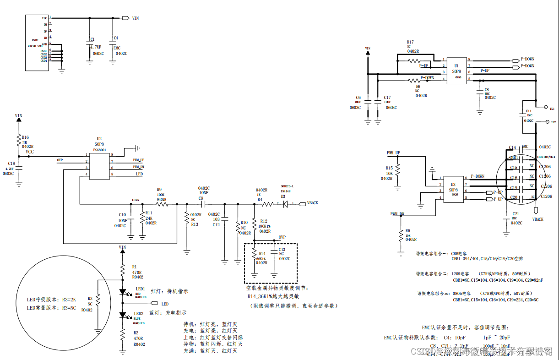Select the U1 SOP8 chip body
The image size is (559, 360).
(x=456, y=70)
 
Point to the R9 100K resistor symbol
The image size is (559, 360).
(x=162, y=204)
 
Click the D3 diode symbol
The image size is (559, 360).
(x=285, y=204)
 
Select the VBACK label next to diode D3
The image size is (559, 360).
(x=312, y=203)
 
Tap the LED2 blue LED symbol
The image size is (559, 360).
(x=123, y=315)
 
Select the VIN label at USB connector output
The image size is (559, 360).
(x=135, y=18)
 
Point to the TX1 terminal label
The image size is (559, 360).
(x=552, y=109)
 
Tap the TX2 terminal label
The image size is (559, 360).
(x=554, y=122)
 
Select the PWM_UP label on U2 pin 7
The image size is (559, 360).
(x=139, y=160)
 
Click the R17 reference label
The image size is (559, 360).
(x=410, y=42)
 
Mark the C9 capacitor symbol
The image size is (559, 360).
(x=201, y=204)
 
